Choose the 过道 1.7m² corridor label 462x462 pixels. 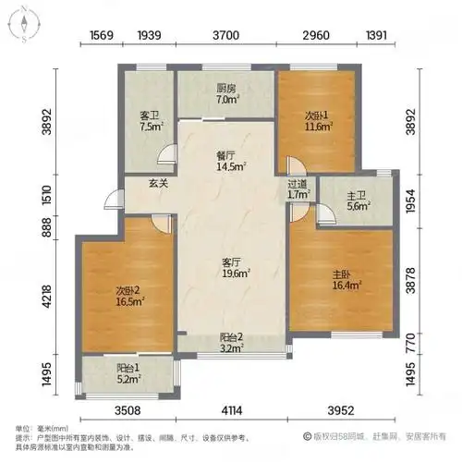coord(298,188)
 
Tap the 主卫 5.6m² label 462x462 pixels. coord(359,201)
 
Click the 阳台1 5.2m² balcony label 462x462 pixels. coord(127,372)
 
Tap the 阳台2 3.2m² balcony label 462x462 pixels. coord(231,344)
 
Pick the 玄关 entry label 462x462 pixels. coord(159,183)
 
